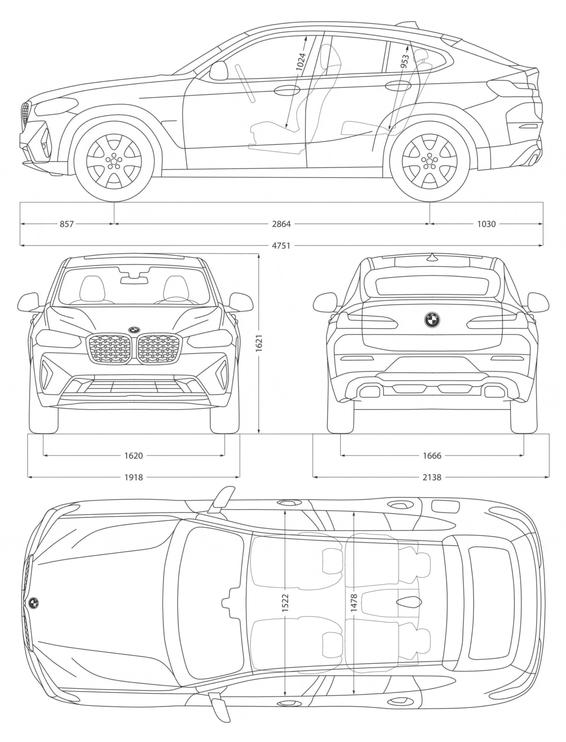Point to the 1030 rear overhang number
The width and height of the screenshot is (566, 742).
point(486,224)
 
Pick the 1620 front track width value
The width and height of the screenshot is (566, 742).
point(134,455)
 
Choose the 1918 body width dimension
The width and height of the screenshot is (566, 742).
point(134,477)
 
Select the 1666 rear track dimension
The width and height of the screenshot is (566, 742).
point(432,455)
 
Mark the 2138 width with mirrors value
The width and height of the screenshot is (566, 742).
point(432,477)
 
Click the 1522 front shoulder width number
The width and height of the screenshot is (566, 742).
point(285,603)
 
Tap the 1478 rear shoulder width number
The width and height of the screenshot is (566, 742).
point(354,603)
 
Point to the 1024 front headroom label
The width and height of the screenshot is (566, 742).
point(301,62)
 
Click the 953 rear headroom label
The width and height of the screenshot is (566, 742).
point(404,60)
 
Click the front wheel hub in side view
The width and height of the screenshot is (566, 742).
point(114,160)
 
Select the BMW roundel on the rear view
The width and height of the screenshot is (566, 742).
point(432,319)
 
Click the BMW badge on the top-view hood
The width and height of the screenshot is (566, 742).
point(34,602)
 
